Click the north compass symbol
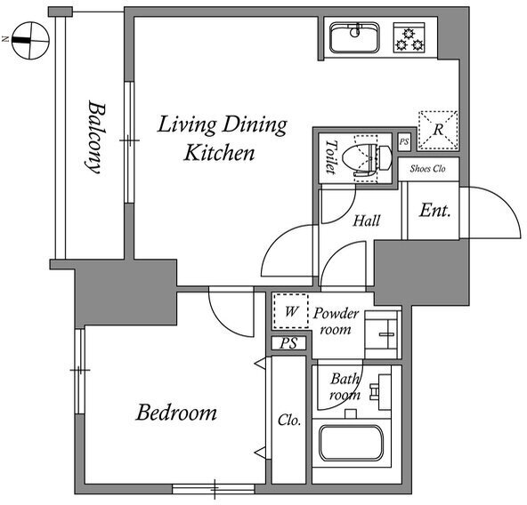click(x=30, y=41)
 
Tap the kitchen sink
click(x=355, y=37)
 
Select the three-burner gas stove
click(x=409, y=37)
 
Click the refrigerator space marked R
click(x=438, y=130)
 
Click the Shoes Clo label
click(x=427, y=169)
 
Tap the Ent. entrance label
click(x=434, y=211)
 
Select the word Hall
click(x=367, y=220)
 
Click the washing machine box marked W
click(x=291, y=311)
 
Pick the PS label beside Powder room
click(x=288, y=343)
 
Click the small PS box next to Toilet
click(x=404, y=141)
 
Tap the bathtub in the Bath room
click(x=352, y=444)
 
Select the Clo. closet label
click(x=289, y=420)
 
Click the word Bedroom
click(x=176, y=413)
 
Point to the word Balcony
click(x=95, y=137)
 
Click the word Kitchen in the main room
click(x=219, y=153)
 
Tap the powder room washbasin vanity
click(x=383, y=334)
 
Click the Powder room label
click(x=336, y=322)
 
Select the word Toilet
click(x=331, y=156)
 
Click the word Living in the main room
click(x=187, y=124)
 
